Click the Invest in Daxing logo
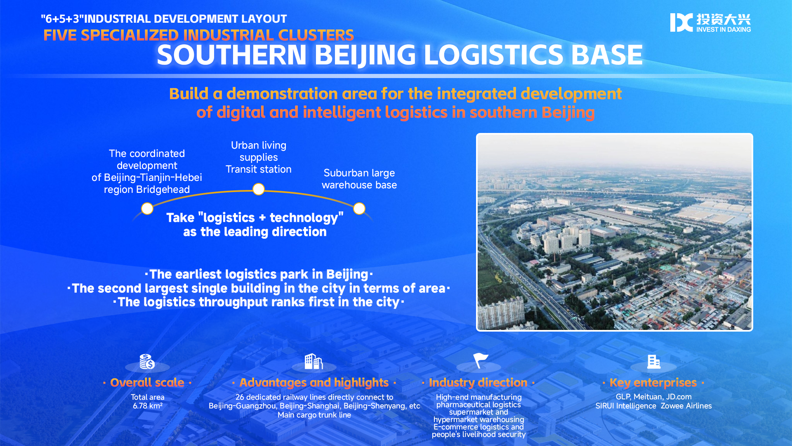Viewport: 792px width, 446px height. [x=710, y=22]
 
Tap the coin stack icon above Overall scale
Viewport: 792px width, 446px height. [x=147, y=361]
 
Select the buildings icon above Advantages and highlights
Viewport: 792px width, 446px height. [x=313, y=361]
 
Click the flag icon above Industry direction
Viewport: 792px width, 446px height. [x=480, y=361]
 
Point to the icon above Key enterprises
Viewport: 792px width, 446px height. [x=654, y=361]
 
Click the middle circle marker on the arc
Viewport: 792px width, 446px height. [x=259, y=189]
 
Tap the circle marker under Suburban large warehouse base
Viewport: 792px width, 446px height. [x=359, y=209]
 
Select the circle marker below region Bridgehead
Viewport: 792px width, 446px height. [x=147, y=209]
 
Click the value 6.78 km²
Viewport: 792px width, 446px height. [x=148, y=406]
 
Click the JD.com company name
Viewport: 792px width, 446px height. [x=679, y=397]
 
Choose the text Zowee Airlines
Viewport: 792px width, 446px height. [x=686, y=406]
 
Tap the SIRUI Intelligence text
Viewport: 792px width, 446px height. [x=626, y=406]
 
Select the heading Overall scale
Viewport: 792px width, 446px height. [x=147, y=382]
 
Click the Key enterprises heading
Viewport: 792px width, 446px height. [x=653, y=382]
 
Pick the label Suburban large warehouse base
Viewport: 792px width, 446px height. [x=359, y=179]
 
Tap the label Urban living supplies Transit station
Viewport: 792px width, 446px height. [x=259, y=157]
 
